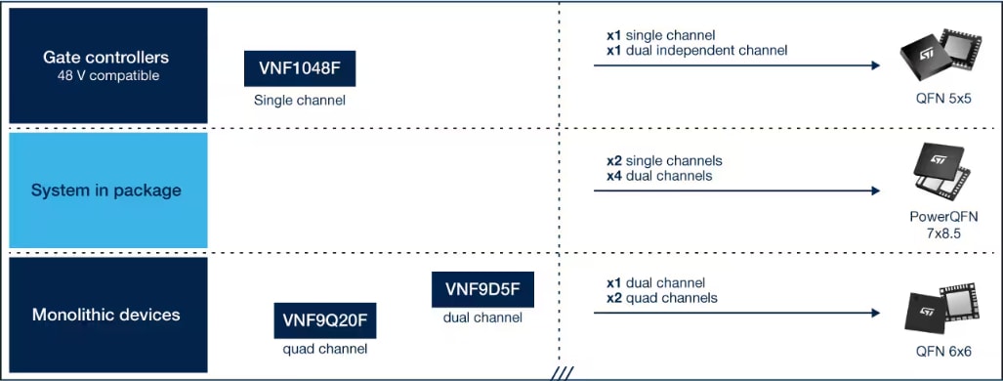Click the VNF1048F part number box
(x=299, y=69)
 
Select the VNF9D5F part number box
(x=482, y=288)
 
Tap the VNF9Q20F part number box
(x=325, y=319)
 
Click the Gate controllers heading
(x=106, y=58)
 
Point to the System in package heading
(x=106, y=190)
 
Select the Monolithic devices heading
(x=106, y=315)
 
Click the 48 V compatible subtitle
(x=106, y=75)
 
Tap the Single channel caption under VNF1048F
(x=299, y=100)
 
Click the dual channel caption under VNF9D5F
(x=482, y=317)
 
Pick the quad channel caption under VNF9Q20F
(x=325, y=349)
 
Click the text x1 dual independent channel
(x=696, y=50)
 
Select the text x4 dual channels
(x=659, y=176)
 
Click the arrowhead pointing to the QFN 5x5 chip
(x=877, y=65)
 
